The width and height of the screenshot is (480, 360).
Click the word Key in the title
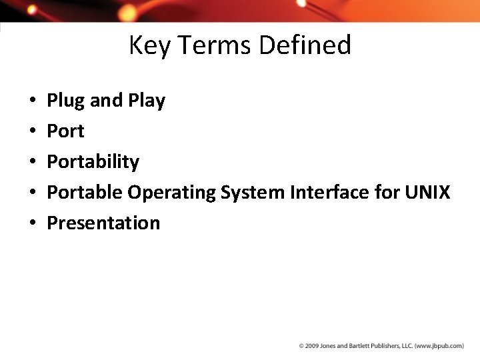click(148, 45)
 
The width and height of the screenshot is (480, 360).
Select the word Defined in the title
click(305, 45)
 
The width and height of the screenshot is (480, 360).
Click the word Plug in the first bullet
click(66, 101)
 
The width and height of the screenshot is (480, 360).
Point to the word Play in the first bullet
click(147, 101)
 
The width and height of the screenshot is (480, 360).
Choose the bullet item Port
click(65, 131)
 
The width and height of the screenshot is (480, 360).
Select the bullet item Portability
click(93, 162)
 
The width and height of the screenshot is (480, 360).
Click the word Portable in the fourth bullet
click(85, 193)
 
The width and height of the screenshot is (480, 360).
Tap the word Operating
click(172, 193)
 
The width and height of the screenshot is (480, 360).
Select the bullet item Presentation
click(103, 223)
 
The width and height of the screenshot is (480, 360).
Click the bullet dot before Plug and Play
click(33, 101)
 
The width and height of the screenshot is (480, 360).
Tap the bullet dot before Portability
click(33, 163)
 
